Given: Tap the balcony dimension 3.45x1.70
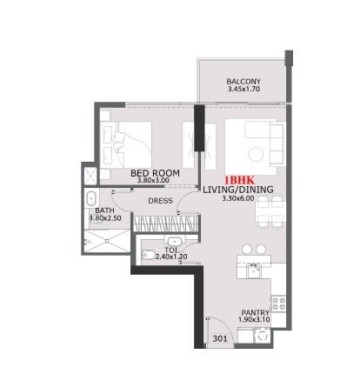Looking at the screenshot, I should [x=243, y=90].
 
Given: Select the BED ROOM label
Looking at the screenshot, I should [x=156, y=174].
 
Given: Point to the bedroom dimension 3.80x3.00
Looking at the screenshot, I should [x=156, y=183].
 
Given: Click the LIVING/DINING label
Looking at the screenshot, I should [x=238, y=189].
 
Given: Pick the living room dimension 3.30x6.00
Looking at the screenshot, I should [x=238, y=198].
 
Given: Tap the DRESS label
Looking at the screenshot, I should [x=160, y=201].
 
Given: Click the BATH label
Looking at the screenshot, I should [x=104, y=210].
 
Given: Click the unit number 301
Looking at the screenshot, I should [x=222, y=339].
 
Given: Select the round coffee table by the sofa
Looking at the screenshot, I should [x=256, y=154].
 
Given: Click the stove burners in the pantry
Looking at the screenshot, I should [x=278, y=302].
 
